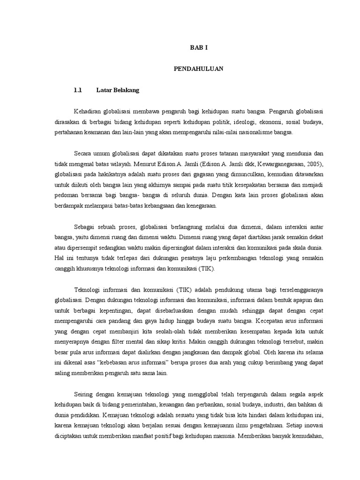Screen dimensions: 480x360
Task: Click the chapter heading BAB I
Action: pyautogui.click(x=198, y=48)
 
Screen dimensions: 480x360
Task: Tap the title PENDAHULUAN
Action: pyautogui.click(x=198, y=68)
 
